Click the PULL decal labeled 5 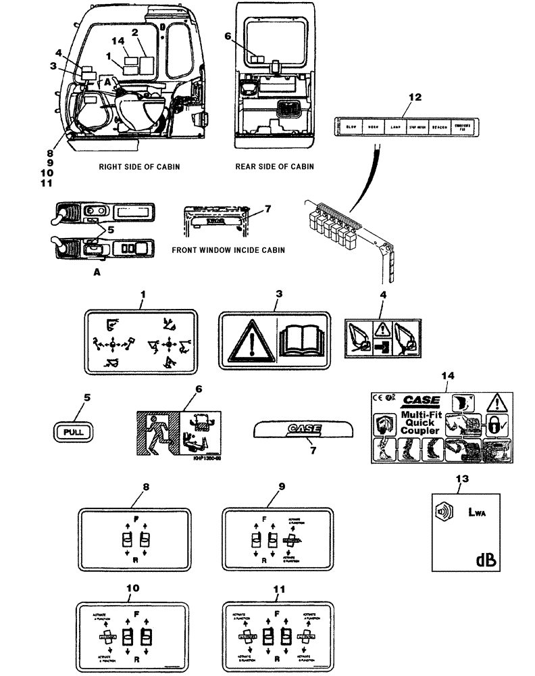[x=72, y=431]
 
